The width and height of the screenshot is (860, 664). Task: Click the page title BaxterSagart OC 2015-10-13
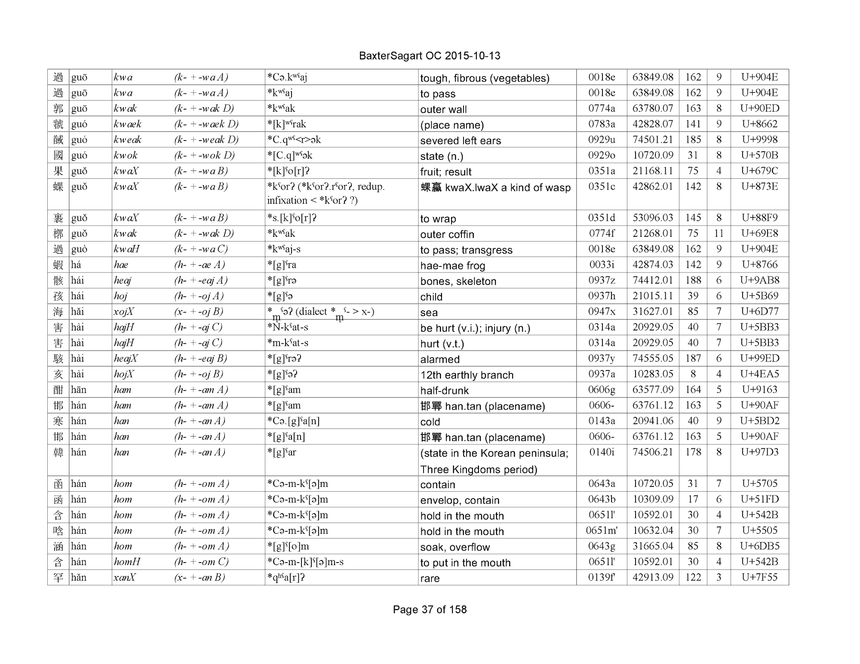pyautogui.click(x=429, y=56)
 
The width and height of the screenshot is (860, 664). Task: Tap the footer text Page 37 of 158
pyautogui.click(x=430, y=609)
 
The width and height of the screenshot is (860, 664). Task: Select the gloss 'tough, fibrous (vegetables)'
pyautogui.click(x=485, y=78)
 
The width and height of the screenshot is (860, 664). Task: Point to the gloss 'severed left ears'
pyautogui.click(x=461, y=141)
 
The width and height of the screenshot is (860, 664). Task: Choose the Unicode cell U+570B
pyautogui.click(x=759, y=155)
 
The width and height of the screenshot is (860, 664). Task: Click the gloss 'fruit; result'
pyautogui.click(x=445, y=172)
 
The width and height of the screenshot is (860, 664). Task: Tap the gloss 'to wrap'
pyautogui.click(x=438, y=219)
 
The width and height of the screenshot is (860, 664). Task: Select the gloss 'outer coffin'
pyautogui.click(x=447, y=234)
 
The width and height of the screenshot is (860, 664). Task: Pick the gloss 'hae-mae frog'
pyautogui.click(x=452, y=266)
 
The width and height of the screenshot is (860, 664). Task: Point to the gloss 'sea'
pyautogui.click(x=429, y=312)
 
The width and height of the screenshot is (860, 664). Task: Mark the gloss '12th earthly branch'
pyautogui.click(x=467, y=375)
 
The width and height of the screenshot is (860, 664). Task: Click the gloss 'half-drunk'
pyautogui.click(x=444, y=391)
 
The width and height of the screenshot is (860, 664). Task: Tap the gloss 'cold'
pyautogui.click(x=430, y=422)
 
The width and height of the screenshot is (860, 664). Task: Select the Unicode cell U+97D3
pyautogui.click(x=759, y=452)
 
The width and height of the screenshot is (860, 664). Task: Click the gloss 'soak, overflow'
pyautogui.click(x=455, y=547)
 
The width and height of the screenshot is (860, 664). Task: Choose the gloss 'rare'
pyautogui.click(x=430, y=578)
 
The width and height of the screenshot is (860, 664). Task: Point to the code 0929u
pyautogui.click(x=602, y=140)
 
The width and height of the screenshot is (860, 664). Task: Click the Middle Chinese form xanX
pyautogui.click(x=125, y=578)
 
